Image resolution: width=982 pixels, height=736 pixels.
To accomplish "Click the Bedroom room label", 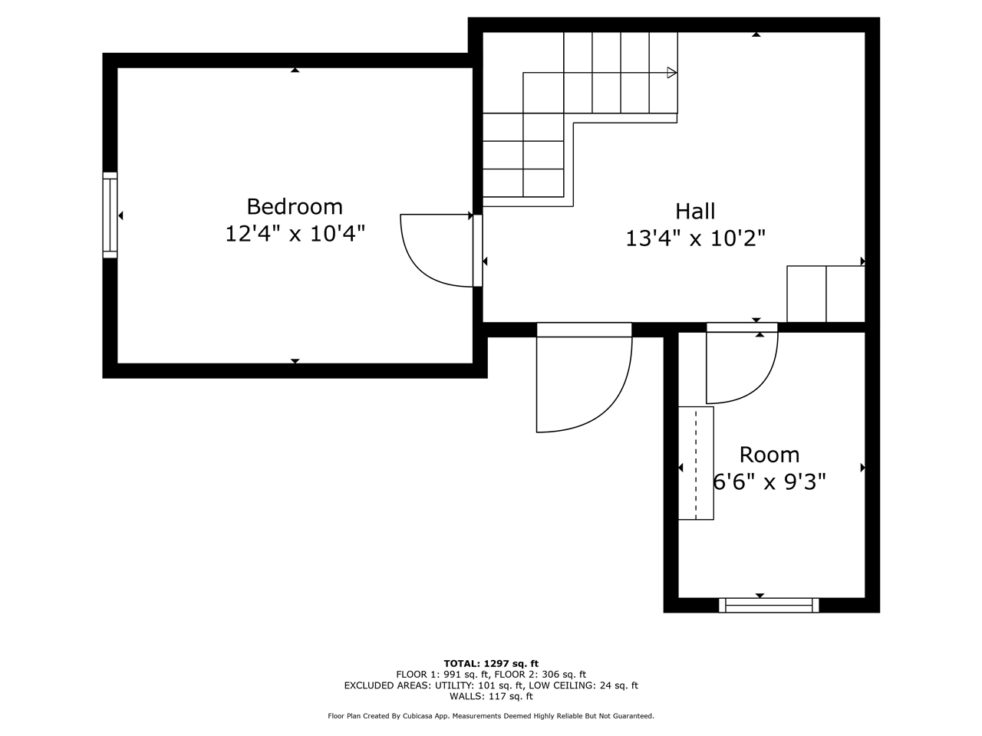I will click(x=295, y=206).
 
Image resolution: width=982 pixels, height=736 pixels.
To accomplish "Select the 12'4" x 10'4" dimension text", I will click(x=295, y=233).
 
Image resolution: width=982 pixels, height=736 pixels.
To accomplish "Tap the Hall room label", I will click(x=695, y=211).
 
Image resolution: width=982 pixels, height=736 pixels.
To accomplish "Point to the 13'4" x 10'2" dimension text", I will click(x=695, y=238).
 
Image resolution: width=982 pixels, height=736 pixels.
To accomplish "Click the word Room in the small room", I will click(x=769, y=455).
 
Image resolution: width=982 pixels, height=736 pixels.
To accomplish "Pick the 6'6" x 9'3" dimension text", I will click(x=769, y=482).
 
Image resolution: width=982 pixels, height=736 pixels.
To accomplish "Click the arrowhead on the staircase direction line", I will click(x=671, y=73).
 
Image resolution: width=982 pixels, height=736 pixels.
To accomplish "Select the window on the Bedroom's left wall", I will click(x=110, y=215).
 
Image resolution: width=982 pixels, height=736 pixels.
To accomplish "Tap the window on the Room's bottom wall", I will click(x=769, y=606).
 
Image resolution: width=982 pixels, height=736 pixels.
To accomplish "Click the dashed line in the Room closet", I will click(x=696, y=463).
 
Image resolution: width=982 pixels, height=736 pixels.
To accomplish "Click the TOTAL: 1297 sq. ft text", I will click(x=491, y=663).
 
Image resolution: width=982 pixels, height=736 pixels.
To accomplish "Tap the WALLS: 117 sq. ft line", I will click(x=491, y=696).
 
